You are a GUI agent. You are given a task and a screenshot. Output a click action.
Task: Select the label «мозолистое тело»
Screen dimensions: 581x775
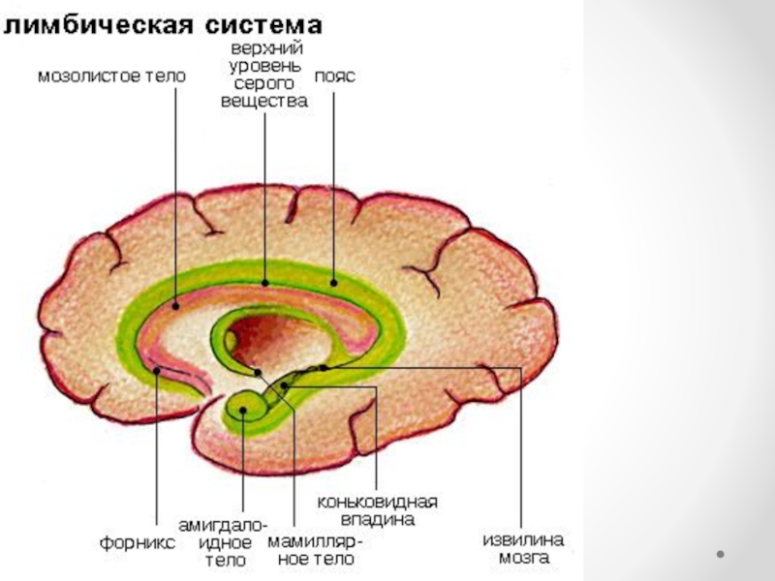pyautogui.click(x=110, y=74)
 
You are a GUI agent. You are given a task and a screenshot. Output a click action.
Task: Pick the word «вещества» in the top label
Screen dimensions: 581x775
pyautogui.click(x=264, y=100)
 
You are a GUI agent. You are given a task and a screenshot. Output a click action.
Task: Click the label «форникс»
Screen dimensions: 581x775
pyautogui.click(x=138, y=543)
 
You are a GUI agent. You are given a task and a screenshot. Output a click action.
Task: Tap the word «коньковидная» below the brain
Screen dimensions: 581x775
pyautogui.click(x=378, y=503)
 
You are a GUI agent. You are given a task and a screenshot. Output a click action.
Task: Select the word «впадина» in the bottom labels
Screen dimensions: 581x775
pyautogui.click(x=378, y=520)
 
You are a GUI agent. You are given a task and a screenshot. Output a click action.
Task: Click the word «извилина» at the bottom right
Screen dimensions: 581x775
pyautogui.click(x=523, y=540)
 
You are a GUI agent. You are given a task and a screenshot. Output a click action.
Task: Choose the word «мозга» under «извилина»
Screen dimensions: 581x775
pyautogui.click(x=523, y=559)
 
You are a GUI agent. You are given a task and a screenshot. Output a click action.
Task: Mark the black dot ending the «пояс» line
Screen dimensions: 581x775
pyautogui.click(x=332, y=284)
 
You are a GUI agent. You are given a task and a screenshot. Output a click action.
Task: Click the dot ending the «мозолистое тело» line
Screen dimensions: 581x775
pyautogui.click(x=176, y=304)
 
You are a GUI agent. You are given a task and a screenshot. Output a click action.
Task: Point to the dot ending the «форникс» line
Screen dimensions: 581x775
pyautogui.click(x=156, y=369)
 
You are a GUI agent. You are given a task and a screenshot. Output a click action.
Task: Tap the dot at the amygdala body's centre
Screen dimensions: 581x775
pyautogui.click(x=243, y=410)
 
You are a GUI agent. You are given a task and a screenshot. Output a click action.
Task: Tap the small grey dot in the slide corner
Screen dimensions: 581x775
pyautogui.click(x=721, y=554)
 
